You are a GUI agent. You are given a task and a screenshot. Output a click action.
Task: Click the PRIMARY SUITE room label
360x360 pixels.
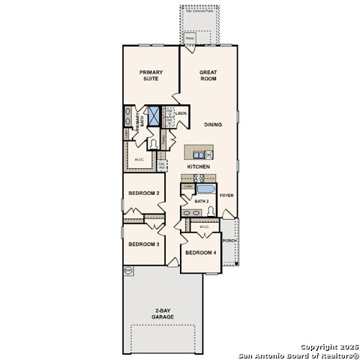[x=150, y=75]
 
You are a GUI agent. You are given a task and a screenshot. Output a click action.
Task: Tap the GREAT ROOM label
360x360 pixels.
[x=208, y=75]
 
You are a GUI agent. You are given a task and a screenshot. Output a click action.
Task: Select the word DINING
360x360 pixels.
[x=213, y=124]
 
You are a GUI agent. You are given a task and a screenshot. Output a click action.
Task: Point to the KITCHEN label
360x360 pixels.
[x=198, y=166]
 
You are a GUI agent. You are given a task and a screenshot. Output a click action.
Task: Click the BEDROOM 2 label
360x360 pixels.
[x=143, y=193]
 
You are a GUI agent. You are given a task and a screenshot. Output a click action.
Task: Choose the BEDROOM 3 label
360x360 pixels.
[x=143, y=244]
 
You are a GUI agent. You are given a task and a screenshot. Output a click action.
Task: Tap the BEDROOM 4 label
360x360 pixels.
[x=200, y=252]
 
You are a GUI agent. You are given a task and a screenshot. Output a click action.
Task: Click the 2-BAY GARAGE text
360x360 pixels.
[x=162, y=313]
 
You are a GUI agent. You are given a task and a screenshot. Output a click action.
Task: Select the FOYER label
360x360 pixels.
[x=227, y=195]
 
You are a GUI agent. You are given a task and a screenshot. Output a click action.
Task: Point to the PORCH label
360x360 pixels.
[x=229, y=241]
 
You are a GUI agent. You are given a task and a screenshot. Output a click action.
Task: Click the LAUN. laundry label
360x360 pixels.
[x=181, y=113]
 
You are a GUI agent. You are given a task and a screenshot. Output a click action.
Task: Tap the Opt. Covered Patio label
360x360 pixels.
[x=199, y=10]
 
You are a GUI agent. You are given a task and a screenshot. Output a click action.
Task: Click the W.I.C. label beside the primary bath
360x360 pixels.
[x=139, y=159]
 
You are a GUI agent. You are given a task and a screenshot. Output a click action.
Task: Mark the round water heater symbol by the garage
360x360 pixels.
[x=128, y=269]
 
